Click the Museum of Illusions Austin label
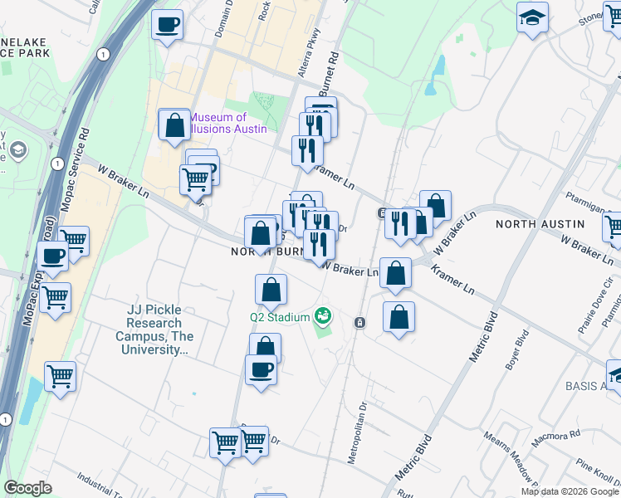tap(228, 123)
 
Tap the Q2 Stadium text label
tap(279, 316)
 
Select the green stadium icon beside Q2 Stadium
tap(322, 316)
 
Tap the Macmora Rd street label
tap(557, 435)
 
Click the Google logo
tap(28, 488)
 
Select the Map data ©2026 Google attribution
tap(570, 491)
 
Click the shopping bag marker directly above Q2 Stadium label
tap(271, 290)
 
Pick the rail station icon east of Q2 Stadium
tap(359, 322)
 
